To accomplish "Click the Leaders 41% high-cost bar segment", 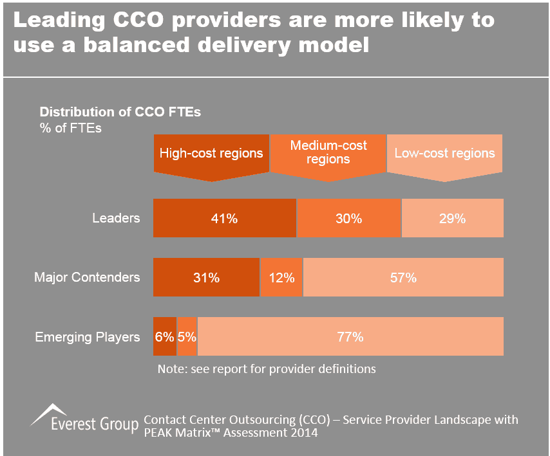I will pos(224,219).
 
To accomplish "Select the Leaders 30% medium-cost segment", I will pos(348,219).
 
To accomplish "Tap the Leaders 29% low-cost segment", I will pos(452,219).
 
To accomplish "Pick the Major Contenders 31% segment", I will pos(206,278).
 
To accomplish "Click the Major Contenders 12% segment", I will pos(281,278).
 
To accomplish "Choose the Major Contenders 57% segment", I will pos(403,278).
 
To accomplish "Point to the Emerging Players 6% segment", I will pos(164,336).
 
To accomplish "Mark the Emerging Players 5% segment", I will pos(187,336).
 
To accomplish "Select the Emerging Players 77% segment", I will pos(350,336).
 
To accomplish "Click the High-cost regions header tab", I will pos(211,154).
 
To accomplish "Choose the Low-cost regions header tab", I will pos(444,154).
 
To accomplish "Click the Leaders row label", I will pos(116,218).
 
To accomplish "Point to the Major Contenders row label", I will pos(87,278).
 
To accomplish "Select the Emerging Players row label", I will pos(88,337).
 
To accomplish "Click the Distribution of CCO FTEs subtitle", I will pos(120,112).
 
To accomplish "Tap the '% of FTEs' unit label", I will pos(71,127).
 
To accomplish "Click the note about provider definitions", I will pos(267,369).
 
